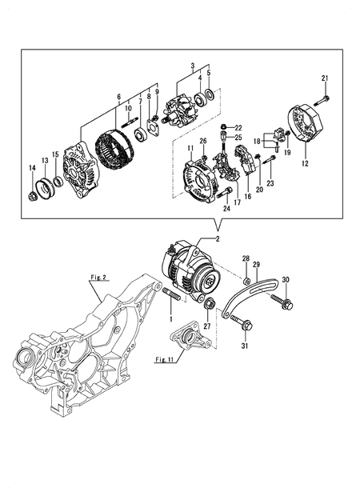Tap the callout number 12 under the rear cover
coord(304,164)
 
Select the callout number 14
coord(32,167)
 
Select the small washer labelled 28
coord(247,280)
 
